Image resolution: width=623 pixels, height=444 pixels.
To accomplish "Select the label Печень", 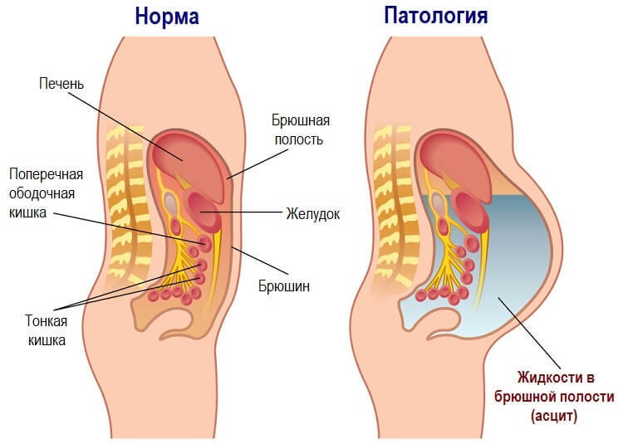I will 61,84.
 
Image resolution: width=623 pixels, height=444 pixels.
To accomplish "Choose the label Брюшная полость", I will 298,130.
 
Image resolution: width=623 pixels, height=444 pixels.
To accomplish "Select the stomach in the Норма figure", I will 204,211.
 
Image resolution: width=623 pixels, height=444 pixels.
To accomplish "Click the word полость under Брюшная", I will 298,139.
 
